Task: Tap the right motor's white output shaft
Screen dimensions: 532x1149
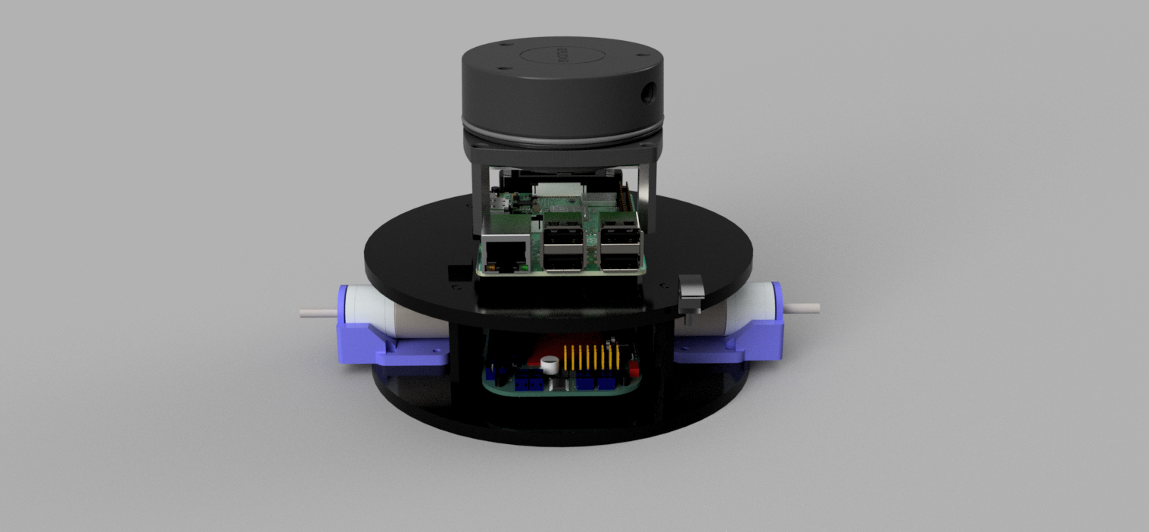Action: coord(802,308)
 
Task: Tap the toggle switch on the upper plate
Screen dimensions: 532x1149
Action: coord(691,293)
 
